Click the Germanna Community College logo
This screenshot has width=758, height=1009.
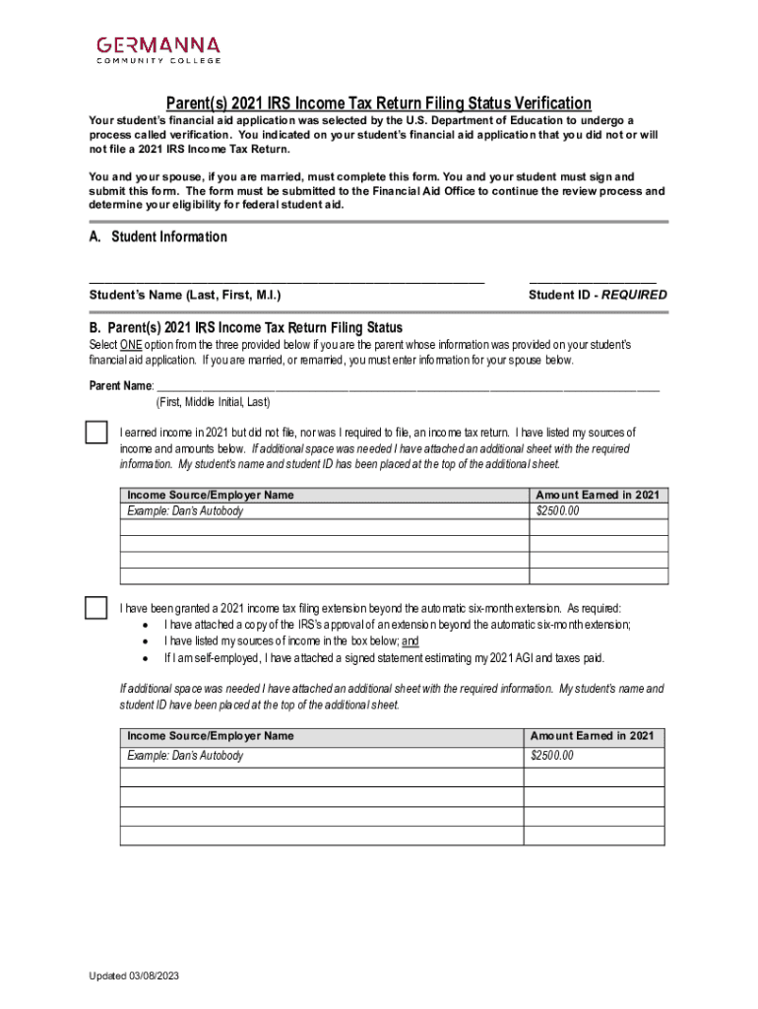(158, 49)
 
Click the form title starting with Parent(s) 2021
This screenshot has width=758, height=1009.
(378, 103)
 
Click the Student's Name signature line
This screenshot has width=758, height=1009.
(286, 281)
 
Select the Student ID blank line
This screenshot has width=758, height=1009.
(593, 281)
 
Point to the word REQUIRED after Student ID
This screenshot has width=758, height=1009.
(634, 295)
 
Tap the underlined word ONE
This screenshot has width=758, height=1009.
(131, 345)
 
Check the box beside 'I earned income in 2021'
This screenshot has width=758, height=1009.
(95, 432)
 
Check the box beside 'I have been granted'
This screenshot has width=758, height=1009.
(95, 608)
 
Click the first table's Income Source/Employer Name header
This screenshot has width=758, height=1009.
(211, 495)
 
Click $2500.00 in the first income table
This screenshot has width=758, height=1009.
(558, 511)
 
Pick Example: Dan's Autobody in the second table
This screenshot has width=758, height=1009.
(185, 756)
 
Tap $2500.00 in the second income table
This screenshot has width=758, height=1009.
(552, 756)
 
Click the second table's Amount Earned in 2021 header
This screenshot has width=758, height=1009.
(592, 736)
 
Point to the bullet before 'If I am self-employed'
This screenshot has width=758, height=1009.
(146, 658)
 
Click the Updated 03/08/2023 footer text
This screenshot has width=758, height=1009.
(134, 975)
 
